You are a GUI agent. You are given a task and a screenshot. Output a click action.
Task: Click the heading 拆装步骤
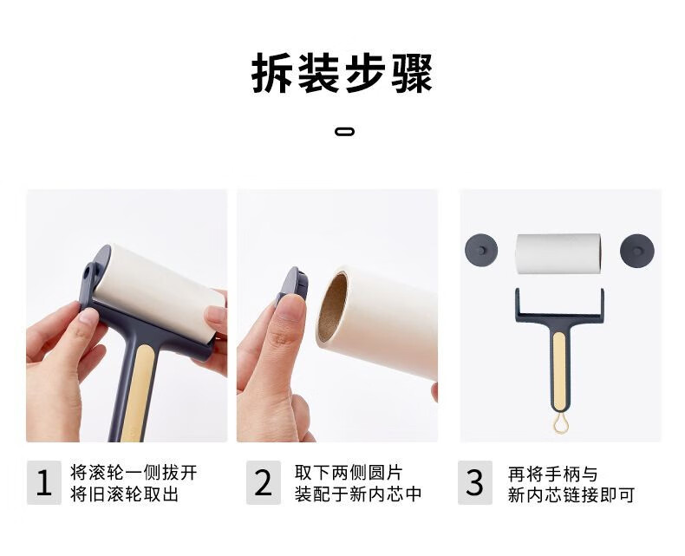tap(342, 73)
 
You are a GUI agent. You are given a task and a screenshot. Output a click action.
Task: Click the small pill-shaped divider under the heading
tap(345, 131)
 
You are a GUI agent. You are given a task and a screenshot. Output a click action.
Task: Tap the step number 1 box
tap(44, 482)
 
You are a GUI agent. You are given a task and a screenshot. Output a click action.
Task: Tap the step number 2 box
tap(264, 482)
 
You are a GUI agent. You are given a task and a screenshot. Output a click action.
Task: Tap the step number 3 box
tap(475, 482)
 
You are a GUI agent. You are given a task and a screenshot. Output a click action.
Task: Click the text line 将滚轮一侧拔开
tap(134, 472)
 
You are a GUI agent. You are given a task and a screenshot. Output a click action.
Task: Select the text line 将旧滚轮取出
tap(125, 494)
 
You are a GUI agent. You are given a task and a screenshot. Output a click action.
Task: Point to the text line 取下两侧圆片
tap(349, 472)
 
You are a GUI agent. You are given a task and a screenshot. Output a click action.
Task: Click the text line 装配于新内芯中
tap(358, 494)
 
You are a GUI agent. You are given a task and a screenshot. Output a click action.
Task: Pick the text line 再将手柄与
tap(552, 474)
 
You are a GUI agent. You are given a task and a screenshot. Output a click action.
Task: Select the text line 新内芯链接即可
tap(571, 495)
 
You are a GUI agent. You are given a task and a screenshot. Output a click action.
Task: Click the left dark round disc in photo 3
tap(481, 250)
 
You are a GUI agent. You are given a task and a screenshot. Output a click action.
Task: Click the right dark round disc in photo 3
tap(636, 250)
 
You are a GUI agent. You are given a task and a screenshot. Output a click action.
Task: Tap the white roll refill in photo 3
tap(558, 253)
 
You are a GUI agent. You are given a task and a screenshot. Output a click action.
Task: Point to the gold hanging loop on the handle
tap(558, 424)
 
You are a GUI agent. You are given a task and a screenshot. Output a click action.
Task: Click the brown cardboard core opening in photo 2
tap(332, 307)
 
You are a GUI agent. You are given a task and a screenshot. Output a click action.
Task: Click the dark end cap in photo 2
tap(292, 285)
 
